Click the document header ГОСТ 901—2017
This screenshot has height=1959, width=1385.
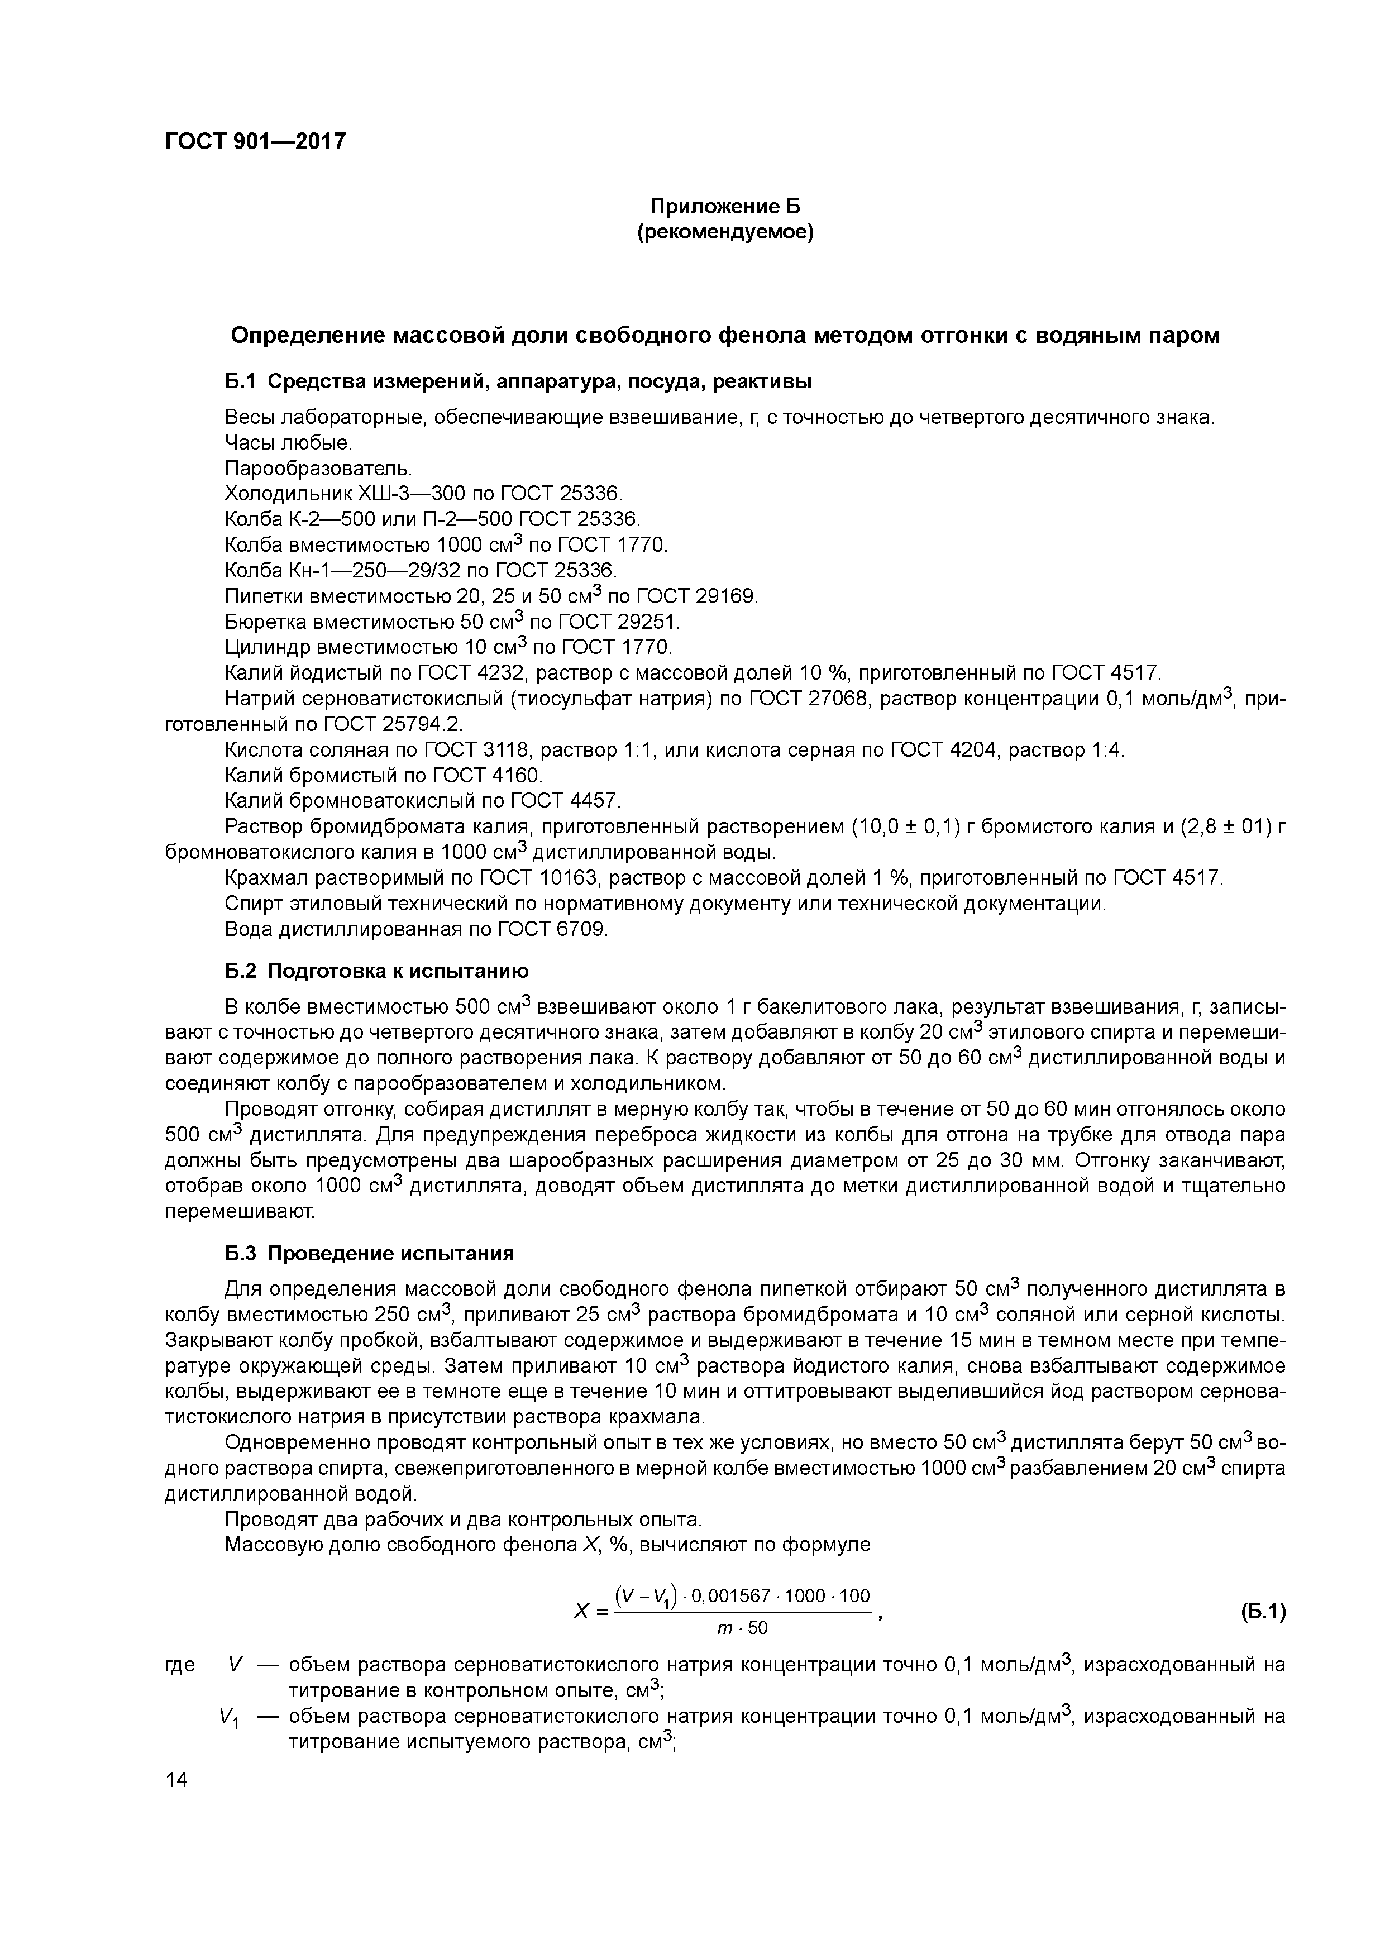point(255,141)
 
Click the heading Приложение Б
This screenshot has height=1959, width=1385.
point(725,207)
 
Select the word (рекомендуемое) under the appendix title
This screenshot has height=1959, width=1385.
point(725,232)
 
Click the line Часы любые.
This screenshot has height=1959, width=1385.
point(288,443)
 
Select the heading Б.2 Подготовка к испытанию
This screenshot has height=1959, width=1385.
point(376,971)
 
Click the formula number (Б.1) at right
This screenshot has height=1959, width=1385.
point(1261,1612)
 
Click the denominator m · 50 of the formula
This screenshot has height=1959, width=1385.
point(742,1628)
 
